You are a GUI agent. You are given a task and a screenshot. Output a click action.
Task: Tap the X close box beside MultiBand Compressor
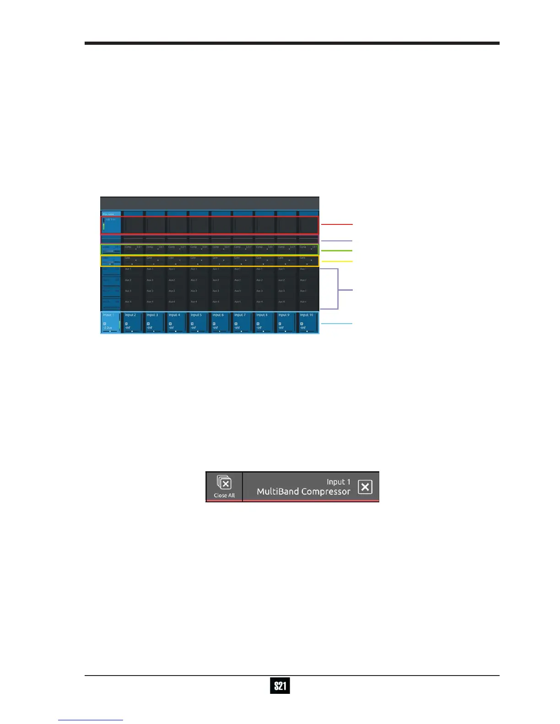click(365, 487)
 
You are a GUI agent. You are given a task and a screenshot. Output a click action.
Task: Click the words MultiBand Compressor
click(303, 492)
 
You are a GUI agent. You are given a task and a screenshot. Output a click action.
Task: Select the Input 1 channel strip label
click(108, 315)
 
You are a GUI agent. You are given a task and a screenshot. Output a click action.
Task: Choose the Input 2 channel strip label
click(130, 315)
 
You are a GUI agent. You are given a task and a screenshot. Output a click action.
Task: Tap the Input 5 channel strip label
click(196, 315)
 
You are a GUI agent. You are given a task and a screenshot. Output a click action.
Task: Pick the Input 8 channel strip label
click(262, 315)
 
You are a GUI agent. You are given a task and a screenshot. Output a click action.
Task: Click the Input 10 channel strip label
click(307, 315)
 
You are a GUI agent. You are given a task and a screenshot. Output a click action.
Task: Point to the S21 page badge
click(280, 686)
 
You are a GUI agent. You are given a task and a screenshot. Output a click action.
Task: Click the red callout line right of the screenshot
click(337, 224)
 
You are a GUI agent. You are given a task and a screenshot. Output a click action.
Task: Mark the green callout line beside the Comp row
click(337, 250)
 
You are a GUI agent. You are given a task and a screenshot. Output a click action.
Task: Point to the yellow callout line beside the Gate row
click(337, 261)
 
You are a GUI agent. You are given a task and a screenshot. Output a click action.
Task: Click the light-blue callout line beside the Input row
click(337, 324)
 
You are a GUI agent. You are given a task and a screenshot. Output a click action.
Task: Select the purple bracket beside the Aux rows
click(339, 289)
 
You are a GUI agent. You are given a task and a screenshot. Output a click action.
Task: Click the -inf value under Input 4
click(172, 328)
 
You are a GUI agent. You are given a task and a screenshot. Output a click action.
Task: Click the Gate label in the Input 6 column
click(215, 258)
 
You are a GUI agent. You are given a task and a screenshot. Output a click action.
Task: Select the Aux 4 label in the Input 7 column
click(237, 302)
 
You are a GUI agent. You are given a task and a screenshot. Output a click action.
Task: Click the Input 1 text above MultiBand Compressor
click(339, 482)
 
